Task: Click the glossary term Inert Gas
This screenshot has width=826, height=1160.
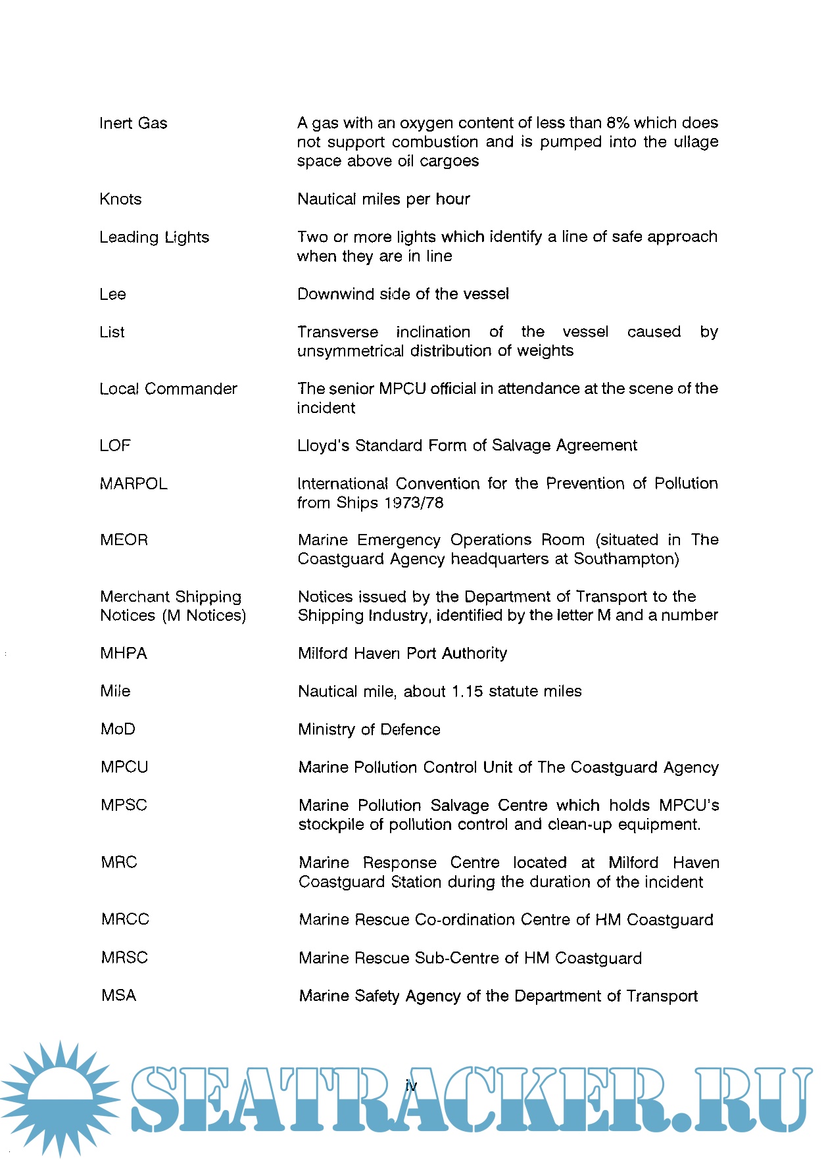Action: (x=134, y=124)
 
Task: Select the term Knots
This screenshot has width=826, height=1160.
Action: (x=120, y=199)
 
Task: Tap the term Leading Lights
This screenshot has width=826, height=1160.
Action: (x=154, y=237)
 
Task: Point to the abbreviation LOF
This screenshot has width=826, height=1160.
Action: (x=115, y=446)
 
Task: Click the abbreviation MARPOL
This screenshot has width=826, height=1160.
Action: (x=134, y=484)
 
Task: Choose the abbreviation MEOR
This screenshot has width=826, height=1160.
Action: (x=124, y=540)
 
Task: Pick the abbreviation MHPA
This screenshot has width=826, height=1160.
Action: (x=124, y=654)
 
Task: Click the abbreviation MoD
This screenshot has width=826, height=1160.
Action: (x=118, y=729)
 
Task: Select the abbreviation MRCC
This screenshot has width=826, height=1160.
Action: (x=125, y=919)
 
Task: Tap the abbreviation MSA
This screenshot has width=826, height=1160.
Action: (x=118, y=996)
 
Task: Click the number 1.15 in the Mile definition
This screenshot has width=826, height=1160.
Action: (x=467, y=692)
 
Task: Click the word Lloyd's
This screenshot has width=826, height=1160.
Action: (x=324, y=446)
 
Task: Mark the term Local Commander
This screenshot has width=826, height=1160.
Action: (x=168, y=389)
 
